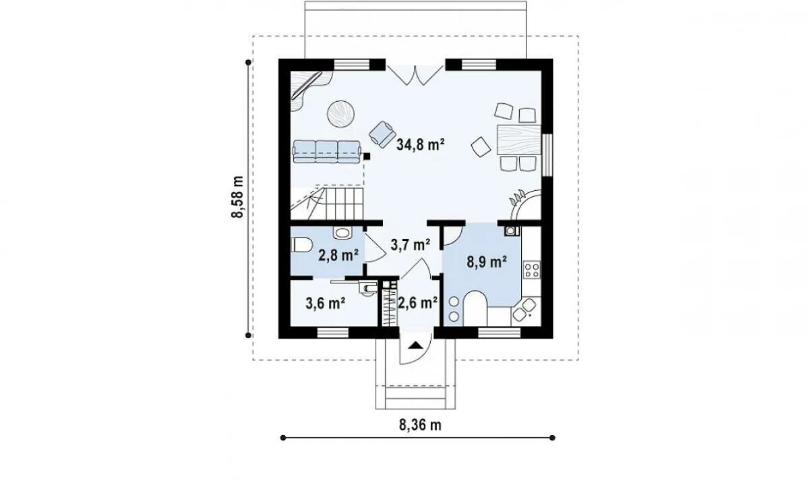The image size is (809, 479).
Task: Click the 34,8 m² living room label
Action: (x=420, y=144)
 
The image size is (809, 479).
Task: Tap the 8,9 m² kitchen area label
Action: (x=487, y=262)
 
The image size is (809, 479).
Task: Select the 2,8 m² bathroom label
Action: (x=338, y=255)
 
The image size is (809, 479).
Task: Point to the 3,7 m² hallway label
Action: (x=411, y=245)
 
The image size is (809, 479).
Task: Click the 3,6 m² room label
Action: (x=325, y=303)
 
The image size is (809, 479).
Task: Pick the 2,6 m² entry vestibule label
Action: (x=418, y=303)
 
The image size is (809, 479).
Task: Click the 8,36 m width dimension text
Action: (x=420, y=425)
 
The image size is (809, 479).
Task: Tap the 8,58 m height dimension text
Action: (x=237, y=197)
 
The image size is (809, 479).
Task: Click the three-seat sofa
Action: (x=327, y=152)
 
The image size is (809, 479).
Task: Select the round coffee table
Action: (x=340, y=113)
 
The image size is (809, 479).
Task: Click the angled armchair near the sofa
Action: (x=382, y=134)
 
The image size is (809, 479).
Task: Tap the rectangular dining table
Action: (x=519, y=140)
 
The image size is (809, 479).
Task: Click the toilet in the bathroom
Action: (x=301, y=246)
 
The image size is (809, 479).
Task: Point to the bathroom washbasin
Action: (x=342, y=233)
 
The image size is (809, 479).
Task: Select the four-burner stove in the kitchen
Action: (x=532, y=270)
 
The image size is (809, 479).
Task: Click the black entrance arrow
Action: (x=415, y=345)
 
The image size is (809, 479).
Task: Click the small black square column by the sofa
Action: (x=367, y=157)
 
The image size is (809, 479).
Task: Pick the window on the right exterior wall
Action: (x=547, y=155)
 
